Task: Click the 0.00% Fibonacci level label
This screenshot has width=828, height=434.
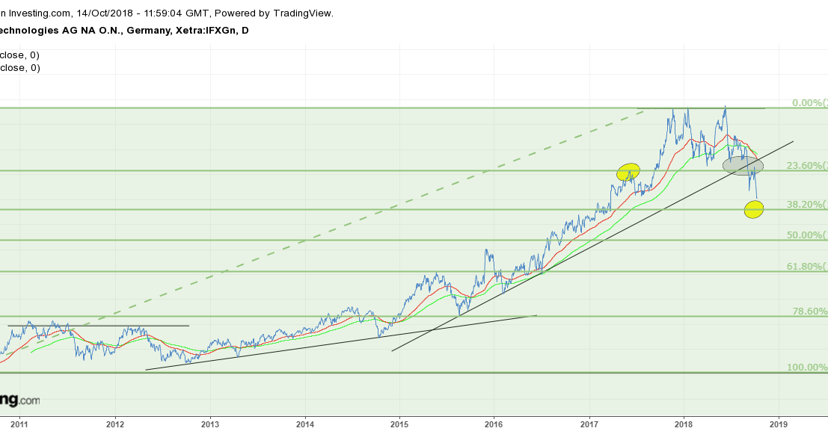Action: click(809, 103)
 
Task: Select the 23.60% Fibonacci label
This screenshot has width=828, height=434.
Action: click(806, 166)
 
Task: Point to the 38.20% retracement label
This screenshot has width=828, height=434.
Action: click(806, 204)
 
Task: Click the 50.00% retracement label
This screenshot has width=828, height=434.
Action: click(806, 235)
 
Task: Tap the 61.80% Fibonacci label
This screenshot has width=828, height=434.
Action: click(806, 267)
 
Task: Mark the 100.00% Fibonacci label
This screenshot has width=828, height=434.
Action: click(806, 368)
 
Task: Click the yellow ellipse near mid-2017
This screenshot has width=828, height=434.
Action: click(628, 173)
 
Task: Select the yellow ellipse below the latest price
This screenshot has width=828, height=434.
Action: click(754, 210)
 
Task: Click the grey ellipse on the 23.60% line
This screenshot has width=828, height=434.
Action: click(743, 166)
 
